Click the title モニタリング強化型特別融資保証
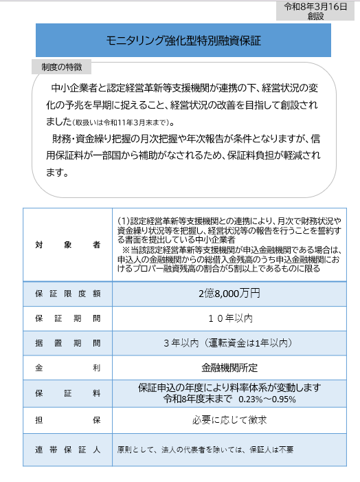[183, 41]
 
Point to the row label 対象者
[67, 245]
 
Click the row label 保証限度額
[67, 294]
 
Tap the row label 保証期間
[67, 318]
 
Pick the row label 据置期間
[67, 342]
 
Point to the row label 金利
[67, 368]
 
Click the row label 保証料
[67, 393]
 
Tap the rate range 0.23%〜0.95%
[269, 399]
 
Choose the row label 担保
[67, 419]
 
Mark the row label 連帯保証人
[67, 450]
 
